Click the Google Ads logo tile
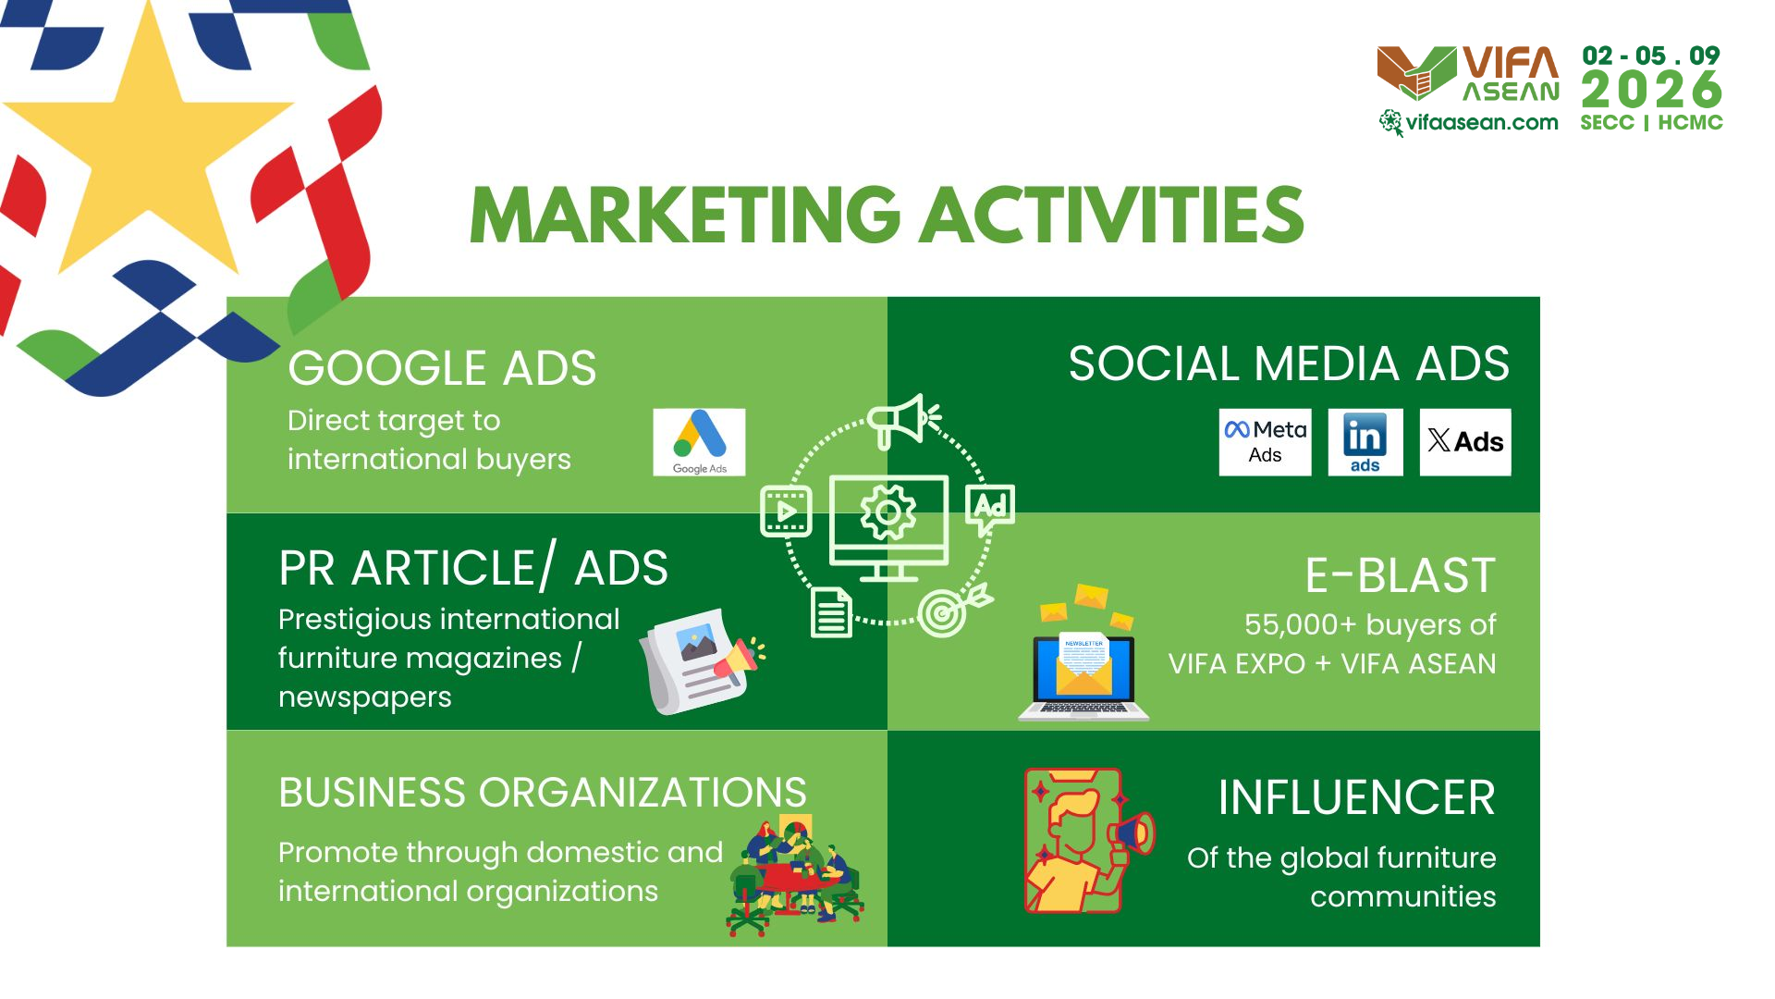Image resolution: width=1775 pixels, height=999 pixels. [x=699, y=442]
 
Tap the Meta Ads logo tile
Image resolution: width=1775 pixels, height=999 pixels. [x=1265, y=442]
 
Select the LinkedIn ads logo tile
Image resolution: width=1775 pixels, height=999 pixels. [x=1365, y=442]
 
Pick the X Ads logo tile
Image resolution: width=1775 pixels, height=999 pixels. [x=1465, y=442]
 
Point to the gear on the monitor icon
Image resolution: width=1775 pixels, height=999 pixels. [x=888, y=512]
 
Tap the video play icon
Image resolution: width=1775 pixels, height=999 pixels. [x=786, y=511]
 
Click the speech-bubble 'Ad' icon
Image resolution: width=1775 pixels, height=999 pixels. [x=990, y=509]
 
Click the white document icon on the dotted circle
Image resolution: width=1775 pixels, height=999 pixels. [x=831, y=612]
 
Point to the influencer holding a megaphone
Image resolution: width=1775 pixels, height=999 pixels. [x=1088, y=841]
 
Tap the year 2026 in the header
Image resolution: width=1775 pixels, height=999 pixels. [x=1652, y=91]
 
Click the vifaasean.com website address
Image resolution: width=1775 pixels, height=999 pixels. [x=1481, y=122]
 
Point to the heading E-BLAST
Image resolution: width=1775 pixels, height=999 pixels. [x=1400, y=575]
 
